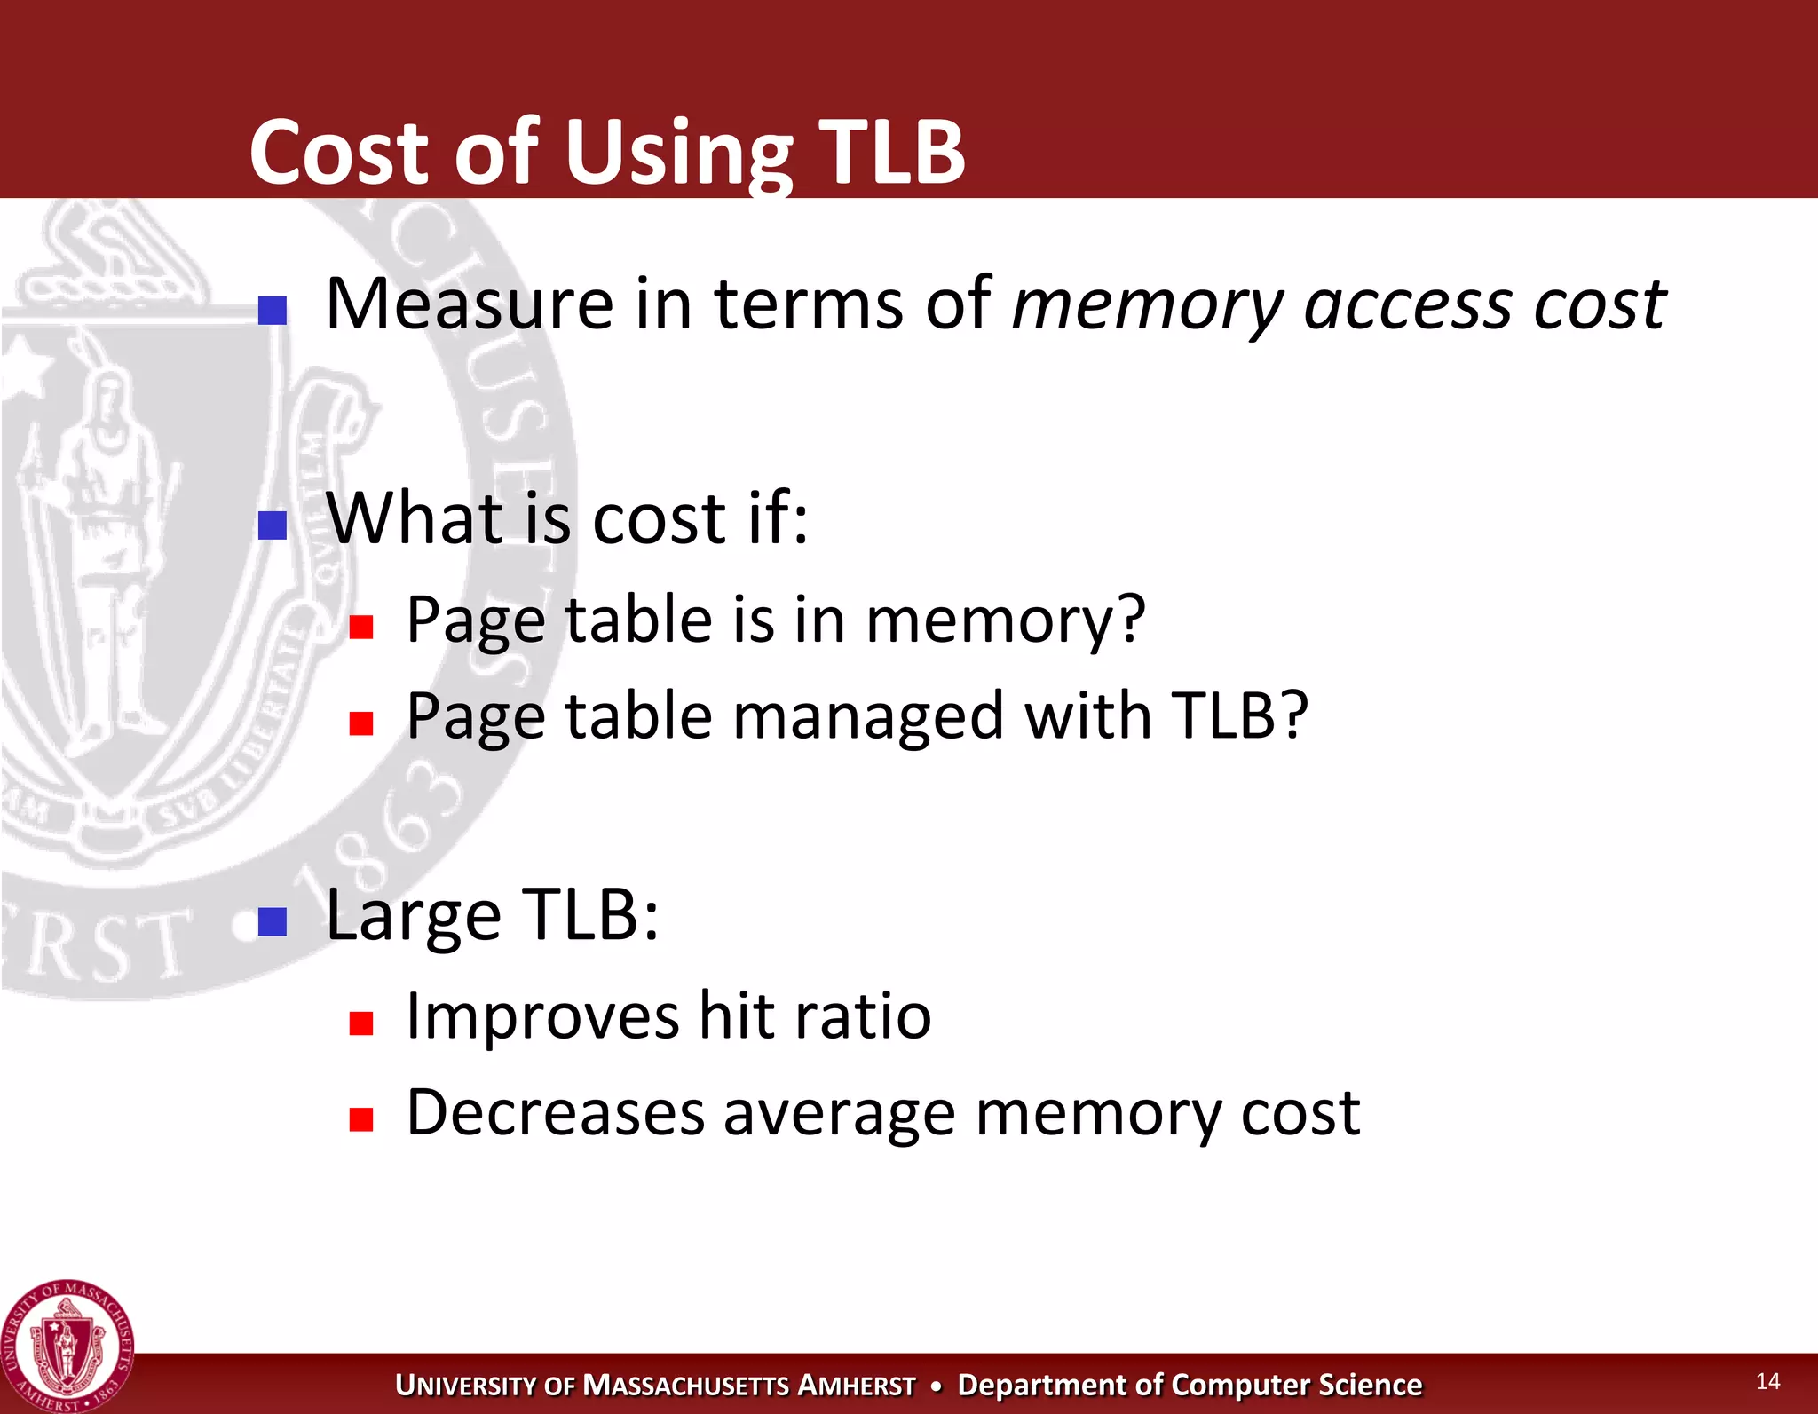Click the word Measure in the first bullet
point(469,304)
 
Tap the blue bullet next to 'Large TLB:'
point(272,921)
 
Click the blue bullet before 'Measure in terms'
point(272,310)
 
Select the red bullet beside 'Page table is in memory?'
point(360,628)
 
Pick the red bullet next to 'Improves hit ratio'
point(360,1023)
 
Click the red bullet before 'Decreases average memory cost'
point(360,1118)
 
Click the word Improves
point(542,1017)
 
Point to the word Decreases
point(555,1112)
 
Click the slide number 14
point(1767,1380)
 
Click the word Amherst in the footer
point(856,1386)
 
